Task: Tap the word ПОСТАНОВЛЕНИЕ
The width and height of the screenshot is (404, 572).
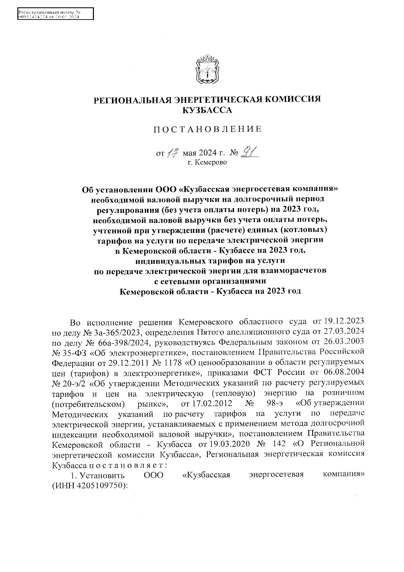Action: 207,129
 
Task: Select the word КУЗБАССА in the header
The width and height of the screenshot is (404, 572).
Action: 207,110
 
